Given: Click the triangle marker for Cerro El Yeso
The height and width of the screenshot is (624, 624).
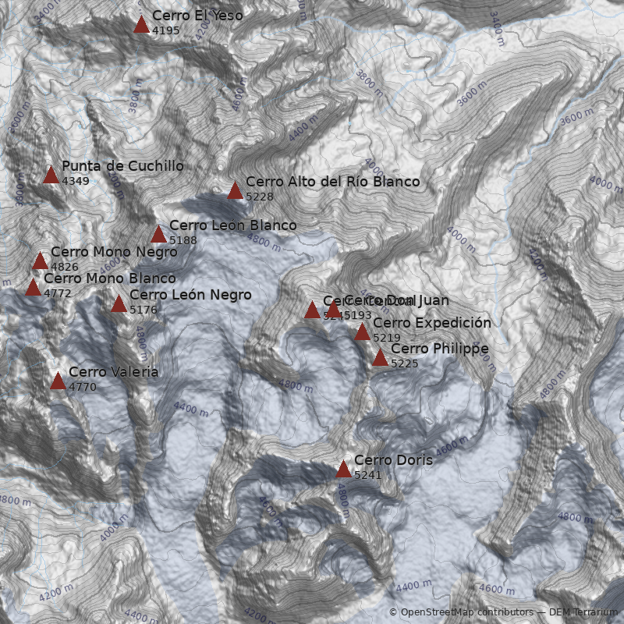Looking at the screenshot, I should pyautogui.click(x=141, y=25).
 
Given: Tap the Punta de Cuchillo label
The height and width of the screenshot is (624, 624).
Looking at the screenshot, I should pyautogui.click(x=122, y=166).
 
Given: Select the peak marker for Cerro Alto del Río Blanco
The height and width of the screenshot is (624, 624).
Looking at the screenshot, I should pyautogui.click(x=235, y=191).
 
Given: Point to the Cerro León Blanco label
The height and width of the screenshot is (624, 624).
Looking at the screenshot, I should pyautogui.click(x=232, y=225).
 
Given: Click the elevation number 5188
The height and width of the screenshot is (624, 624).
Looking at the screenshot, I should pyautogui.click(x=183, y=240).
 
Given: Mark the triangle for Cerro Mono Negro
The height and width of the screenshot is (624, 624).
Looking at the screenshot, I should pyautogui.click(x=40, y=261).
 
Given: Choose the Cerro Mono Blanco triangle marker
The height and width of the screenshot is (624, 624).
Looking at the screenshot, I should pyautogui.click(x=33, y=288).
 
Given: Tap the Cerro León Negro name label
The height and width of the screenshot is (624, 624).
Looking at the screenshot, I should pyautogui.click(x=190, y=295).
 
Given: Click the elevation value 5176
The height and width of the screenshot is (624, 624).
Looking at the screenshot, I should pyautogui.click(x=144, y=310).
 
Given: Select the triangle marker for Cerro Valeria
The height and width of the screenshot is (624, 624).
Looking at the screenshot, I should pyautogui.click(x=58, y=381).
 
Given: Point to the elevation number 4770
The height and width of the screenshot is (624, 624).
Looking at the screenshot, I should pyautogui.click(x=83, y=387).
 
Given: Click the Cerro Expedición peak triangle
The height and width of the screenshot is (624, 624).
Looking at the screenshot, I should pyautogui.click(x=362, y=332).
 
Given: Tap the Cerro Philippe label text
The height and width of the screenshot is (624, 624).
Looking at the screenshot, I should pyautogui.click(x=439, y=349).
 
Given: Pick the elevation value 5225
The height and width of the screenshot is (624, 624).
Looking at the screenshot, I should pyautogui.click(x=405, y=363).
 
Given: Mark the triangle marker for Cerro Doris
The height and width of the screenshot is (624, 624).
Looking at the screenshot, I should pyautogui.click(x=343, y=470).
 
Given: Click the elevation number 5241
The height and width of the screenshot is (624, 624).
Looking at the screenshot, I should pyautogui.click(x=368, y=475).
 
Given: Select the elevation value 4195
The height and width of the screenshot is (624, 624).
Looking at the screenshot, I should pyautogui.click(x=166, y=30).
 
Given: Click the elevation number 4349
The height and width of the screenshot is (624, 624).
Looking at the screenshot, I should pyautogui.click(x=76, y=181).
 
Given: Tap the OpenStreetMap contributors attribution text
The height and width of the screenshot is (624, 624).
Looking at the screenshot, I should pyautogui.click(x=466, y=612).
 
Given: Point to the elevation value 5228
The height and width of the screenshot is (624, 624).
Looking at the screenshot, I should pyautogui.click(x=260, y=197).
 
